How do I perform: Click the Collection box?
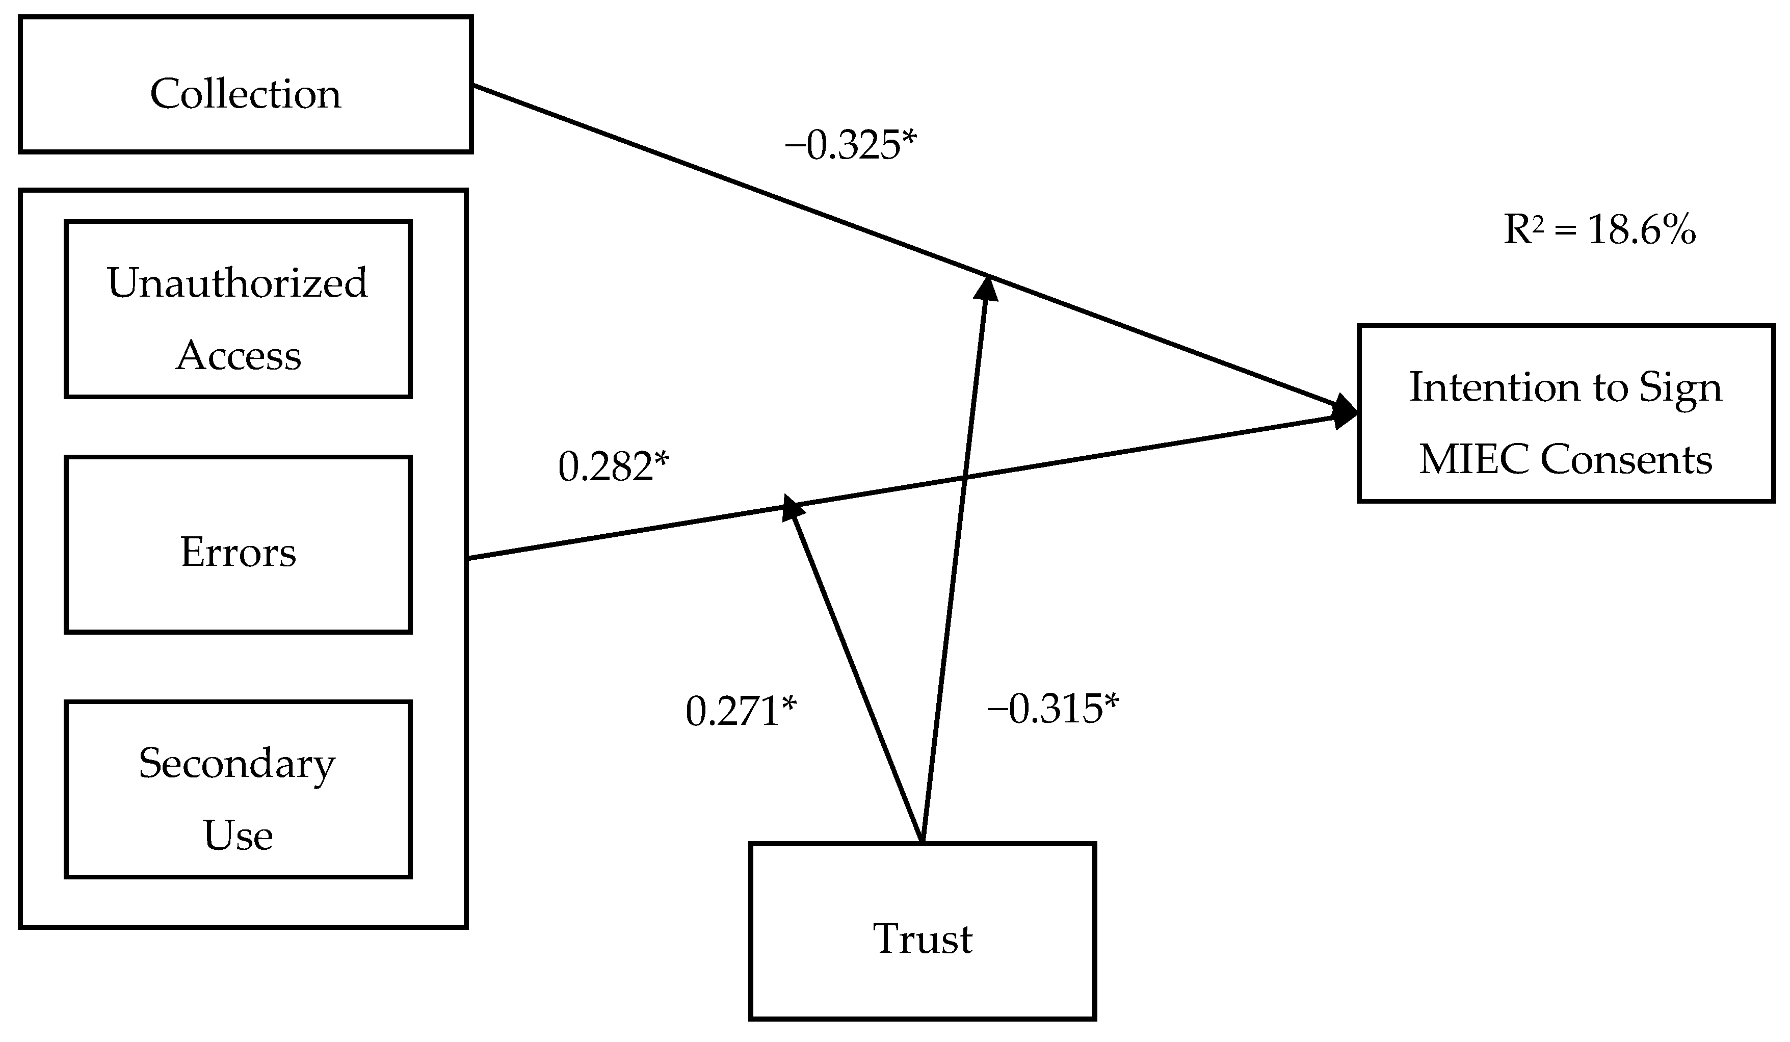coord(245,85)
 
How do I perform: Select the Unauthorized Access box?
coord(238,309)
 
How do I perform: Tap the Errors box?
coord(238,545)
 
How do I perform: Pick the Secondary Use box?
coord(238,790)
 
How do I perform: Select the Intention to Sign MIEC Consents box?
coord(1566,413)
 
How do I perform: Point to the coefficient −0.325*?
coord(850,146)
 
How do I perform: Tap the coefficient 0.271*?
coord(741,712)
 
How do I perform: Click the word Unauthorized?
coord(238,283)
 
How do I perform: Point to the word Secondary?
coord(236,764)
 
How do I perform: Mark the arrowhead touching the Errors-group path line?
coord(792,508)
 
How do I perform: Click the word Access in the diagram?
coord(238,355)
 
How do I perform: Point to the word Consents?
coord(1626,459)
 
